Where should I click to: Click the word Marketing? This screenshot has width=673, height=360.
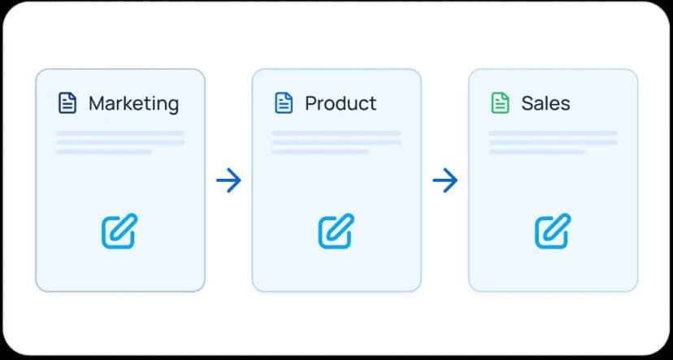133,104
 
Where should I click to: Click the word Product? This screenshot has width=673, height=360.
341,103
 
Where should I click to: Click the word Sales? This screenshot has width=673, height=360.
545,103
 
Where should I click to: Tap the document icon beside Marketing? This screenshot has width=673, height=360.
67,103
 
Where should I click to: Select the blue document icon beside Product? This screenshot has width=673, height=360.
284,103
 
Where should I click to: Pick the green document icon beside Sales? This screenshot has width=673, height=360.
500,103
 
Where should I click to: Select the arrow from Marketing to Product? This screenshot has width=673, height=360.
228,180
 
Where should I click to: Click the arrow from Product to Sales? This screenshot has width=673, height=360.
445,180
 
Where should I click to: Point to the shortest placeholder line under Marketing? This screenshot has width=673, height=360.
104,151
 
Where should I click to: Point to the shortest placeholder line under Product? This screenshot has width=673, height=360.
320,151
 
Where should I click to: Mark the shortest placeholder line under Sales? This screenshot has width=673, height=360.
537,151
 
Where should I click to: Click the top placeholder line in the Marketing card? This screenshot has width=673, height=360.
120,133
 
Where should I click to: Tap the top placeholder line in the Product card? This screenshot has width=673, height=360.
336,133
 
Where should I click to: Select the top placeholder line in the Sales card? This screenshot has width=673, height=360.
554,133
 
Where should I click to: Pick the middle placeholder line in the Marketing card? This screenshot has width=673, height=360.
120,142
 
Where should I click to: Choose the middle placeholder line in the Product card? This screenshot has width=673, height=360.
336,142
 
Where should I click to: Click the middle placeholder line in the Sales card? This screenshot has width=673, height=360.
554,142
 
